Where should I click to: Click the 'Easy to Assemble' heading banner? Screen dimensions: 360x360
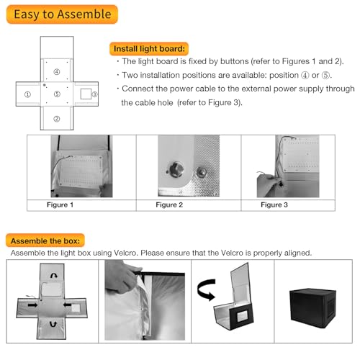(61, 14)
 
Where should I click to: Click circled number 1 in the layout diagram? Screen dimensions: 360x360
(27, 94)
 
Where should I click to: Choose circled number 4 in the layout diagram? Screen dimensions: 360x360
(57, 71)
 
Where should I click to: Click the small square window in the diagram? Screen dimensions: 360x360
(85, 94)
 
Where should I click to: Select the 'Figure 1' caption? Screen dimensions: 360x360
(60, 205)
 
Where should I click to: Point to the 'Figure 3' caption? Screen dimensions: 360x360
(276, 205)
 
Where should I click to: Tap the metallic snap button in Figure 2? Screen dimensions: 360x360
(174, 172)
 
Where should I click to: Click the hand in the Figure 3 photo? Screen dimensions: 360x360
(266, 186)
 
